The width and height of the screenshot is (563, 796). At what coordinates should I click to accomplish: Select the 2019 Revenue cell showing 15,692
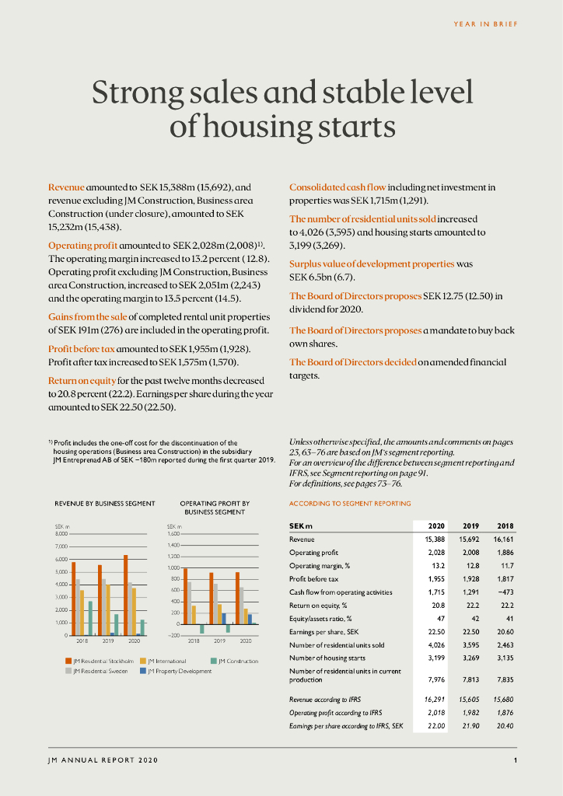click(x=470, y=539)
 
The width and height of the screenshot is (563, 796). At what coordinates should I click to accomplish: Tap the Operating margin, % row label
click(x=319, y=565)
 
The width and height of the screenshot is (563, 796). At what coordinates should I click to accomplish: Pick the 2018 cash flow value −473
click(x=505, y=592)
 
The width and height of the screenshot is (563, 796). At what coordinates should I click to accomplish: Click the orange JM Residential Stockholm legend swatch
click(x=68, y=662)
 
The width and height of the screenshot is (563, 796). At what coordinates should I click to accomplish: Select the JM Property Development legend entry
click(x=180, y=671)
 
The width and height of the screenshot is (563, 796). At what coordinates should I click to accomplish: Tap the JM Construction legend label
click(x=238, y=662)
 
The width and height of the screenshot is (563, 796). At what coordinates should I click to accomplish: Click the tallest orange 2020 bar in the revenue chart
click(x=125, y=595)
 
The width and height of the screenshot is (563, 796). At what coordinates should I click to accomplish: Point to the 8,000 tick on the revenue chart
click(x=61, y=534)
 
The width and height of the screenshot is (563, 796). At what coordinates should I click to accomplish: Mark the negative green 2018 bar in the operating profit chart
click(x=201, y=629)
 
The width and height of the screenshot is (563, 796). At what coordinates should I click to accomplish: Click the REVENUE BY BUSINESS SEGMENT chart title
click(x=105, y=504)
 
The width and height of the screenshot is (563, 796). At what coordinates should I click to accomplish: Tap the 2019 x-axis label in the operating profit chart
click(x=219, y=641)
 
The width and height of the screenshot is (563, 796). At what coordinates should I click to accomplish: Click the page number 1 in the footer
click(x=515, y=759)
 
